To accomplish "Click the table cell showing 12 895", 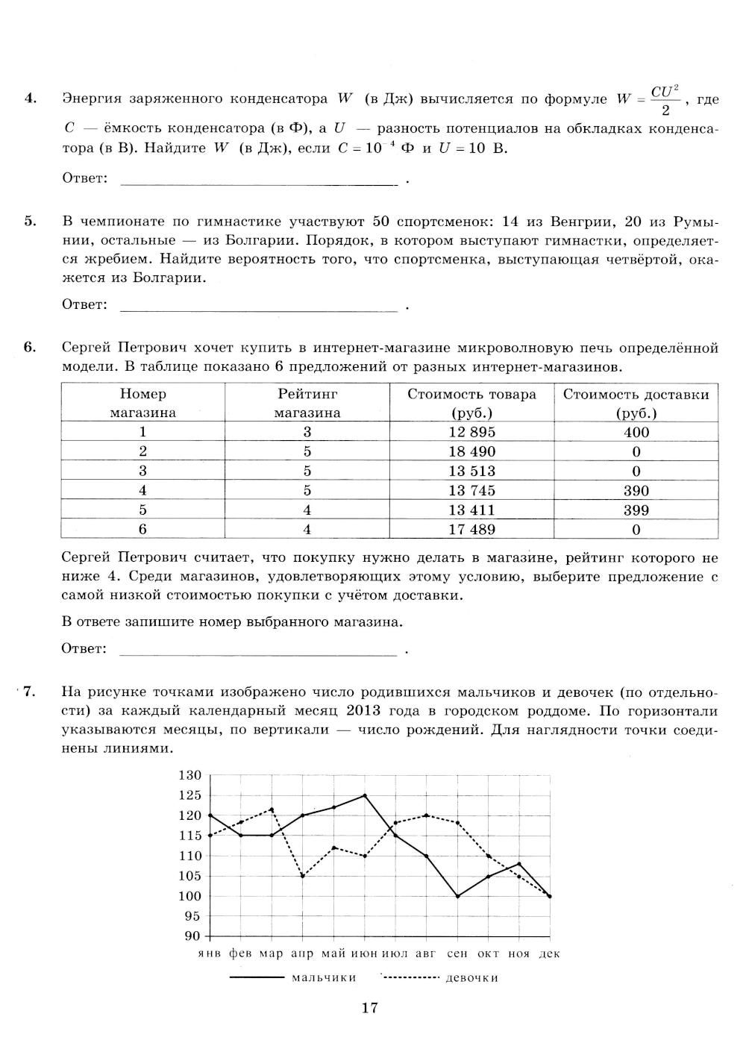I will click(x=471, y=432).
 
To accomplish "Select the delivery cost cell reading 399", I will click(x=636, y=510).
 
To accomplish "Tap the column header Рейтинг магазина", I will click(x=307, y=403).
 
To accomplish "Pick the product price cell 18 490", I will click(x=471, y=451).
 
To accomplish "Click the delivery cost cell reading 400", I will click(x=636, y=432).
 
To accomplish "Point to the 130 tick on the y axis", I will click(x=190, y=775).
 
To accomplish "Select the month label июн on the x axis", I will click(x=364, y=953).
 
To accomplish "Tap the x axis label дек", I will click(x=549, y=953).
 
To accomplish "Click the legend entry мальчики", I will click(x=324, y=977).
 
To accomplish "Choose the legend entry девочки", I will click(x=471, y=977).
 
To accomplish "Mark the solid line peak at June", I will click(x=365, y=795).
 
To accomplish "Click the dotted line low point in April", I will click(x=303, y=876).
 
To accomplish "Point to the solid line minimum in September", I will click(x=457, y=896).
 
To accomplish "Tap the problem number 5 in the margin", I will click(x=29, y=221).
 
